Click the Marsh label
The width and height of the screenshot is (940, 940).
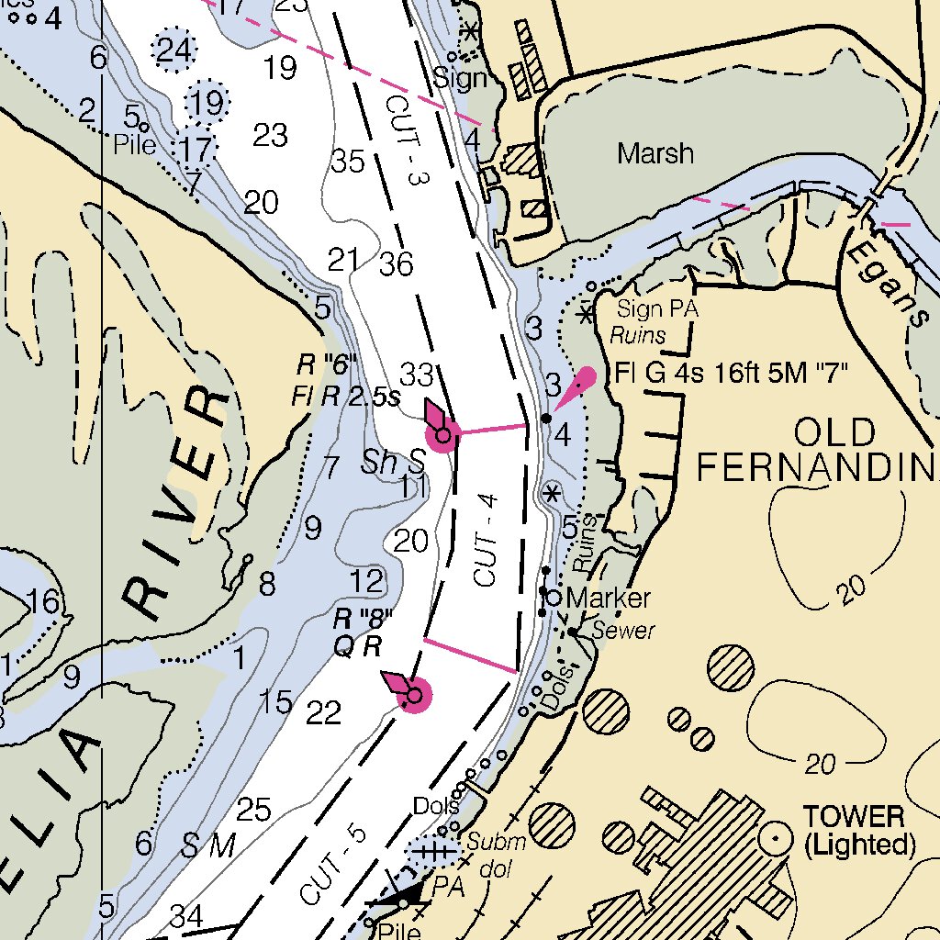[655, 152]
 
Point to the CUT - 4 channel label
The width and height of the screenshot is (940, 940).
[487, 540]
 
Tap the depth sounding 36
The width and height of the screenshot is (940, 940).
[396, 264]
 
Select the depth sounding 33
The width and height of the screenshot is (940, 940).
[416, 375]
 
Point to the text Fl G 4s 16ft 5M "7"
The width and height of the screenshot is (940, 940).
[731, 374]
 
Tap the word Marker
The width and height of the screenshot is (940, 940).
[609, 599]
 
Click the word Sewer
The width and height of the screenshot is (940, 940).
[623, 631]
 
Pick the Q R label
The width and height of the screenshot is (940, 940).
[358, 646]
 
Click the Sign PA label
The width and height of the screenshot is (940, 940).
[657, 309]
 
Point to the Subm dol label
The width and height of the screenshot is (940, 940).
[497, 851]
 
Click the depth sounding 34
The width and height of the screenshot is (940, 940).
[186, 915]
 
